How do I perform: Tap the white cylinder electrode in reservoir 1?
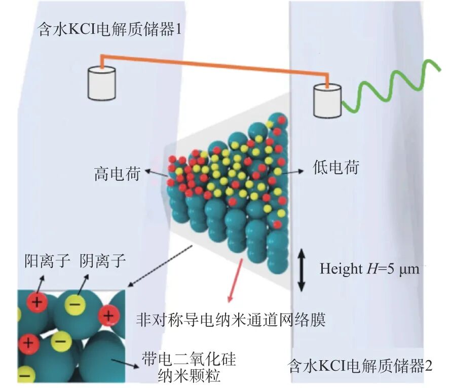[102, 83]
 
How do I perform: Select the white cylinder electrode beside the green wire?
[327, 100]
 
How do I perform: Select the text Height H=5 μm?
[369, 268]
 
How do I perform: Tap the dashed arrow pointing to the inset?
[160, 266]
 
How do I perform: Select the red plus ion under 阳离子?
[37, 302]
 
